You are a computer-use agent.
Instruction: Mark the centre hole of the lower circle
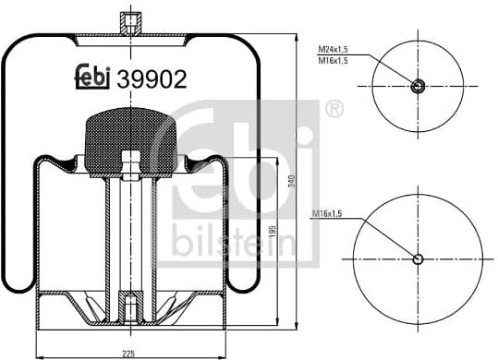418,258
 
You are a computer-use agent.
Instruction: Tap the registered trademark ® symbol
333,111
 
